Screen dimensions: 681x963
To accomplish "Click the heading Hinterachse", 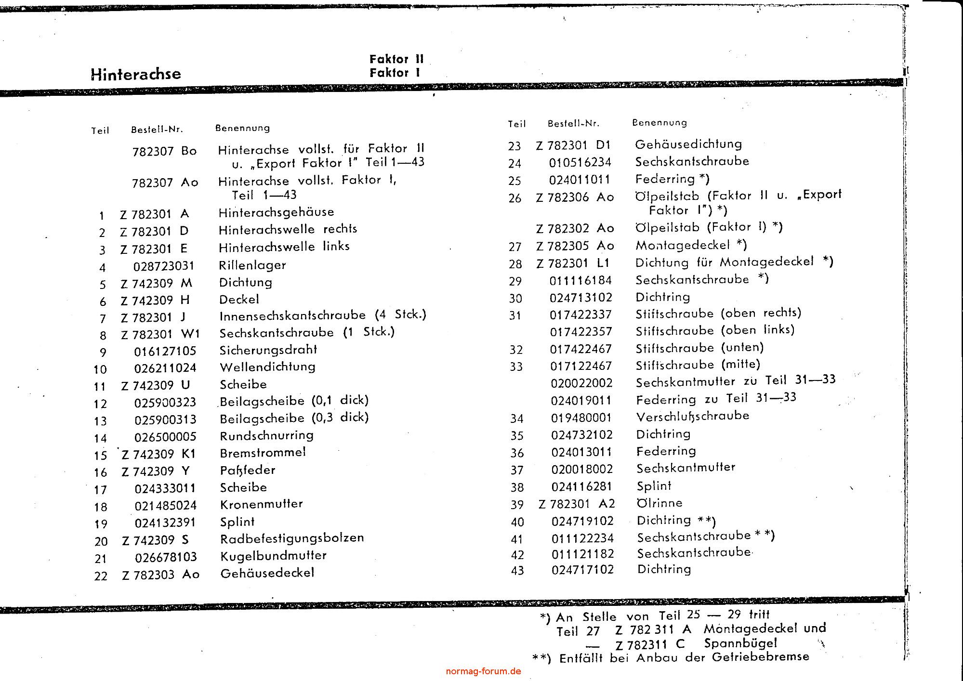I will coord(136,74).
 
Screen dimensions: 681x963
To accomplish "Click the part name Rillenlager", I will coord(252,265).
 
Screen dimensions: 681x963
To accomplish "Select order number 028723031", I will coord(164,266).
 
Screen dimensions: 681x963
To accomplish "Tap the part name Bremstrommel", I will coord(263,453).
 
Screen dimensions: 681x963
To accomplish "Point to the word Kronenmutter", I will coord(262,504).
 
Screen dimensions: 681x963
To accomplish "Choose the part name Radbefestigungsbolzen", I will coord(292,538).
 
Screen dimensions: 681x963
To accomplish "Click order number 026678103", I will coord(166,557).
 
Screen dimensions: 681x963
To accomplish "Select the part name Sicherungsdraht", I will coord(268,350).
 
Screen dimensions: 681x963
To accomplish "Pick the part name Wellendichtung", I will coord(267,367).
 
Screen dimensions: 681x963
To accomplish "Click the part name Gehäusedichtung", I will coord(688,144).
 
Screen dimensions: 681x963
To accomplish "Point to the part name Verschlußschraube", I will coord(693,416).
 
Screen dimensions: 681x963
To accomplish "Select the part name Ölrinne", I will coord(660,503).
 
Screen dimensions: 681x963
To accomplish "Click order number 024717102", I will coord(583,570).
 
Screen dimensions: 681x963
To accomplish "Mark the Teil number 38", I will coord(517,487).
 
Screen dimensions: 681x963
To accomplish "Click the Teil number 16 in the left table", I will coord(101,472).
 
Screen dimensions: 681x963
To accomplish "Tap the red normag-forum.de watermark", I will coord(484,671).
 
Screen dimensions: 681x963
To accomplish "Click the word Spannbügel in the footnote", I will coord(740,643).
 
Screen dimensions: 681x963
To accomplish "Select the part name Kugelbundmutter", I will coord(273,556).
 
